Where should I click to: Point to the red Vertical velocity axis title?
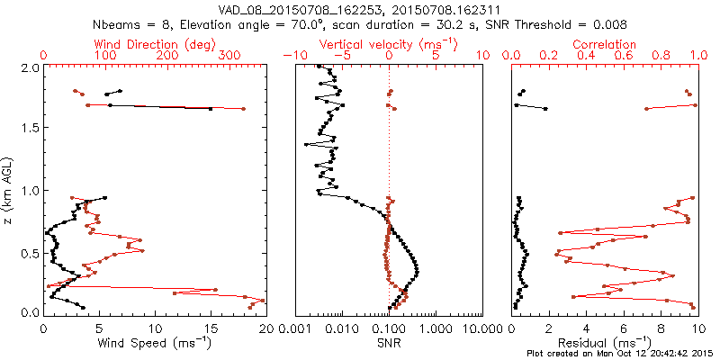tap(388, 44)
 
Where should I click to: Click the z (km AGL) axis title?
tap(10, 188)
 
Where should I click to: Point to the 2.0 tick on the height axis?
tap(30, 67)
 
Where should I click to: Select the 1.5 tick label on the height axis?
tap(30, 129)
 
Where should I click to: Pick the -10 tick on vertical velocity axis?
tap(290, 56)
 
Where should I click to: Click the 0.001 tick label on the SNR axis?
tap(295, 328)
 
